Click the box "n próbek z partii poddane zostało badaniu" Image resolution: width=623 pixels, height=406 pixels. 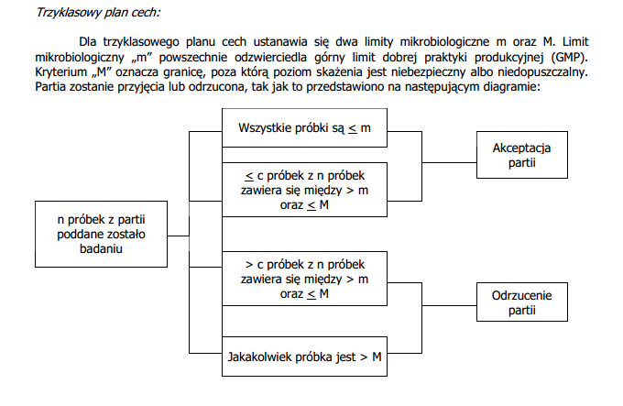click(101, 235)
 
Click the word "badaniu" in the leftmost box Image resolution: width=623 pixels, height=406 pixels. click(101, 249)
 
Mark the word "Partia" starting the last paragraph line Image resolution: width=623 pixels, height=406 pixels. click(51, 86)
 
